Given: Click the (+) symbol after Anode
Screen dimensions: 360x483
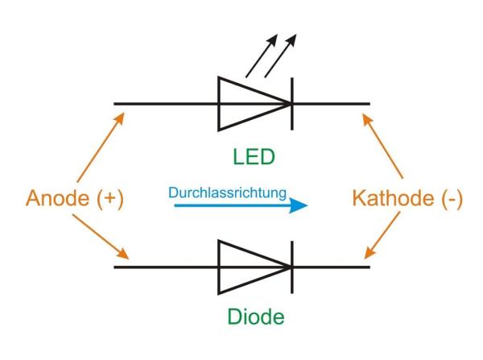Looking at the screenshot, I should [x=108, y=199].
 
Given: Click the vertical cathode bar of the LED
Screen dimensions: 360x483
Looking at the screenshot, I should [x=291, y=103].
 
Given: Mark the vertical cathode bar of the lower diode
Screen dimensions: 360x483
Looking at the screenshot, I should [x=291, y=266].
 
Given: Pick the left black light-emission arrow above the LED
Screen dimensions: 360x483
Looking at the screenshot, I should [x=260, y=56].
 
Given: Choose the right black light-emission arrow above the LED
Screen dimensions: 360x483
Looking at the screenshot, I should [x=279, y=56].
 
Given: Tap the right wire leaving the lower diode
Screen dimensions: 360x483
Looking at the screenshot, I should [x=330, y=266].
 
